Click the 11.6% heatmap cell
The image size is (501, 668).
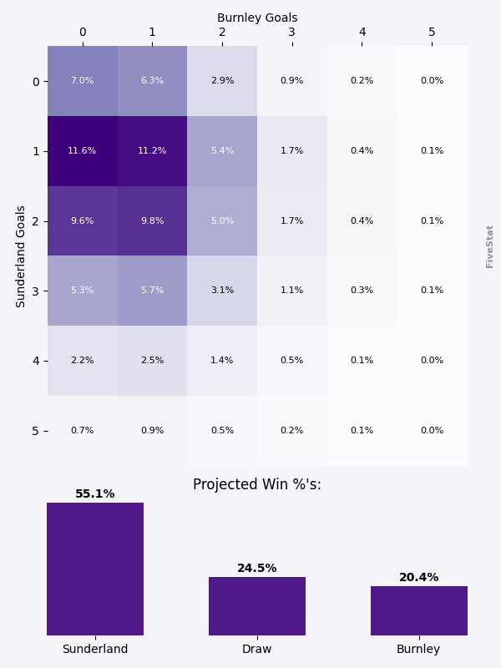(82, 151)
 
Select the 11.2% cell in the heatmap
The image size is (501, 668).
(152, 151)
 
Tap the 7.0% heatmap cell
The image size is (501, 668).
(82, 81)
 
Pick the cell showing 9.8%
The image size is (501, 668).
(152, 221)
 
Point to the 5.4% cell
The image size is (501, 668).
(222, 151)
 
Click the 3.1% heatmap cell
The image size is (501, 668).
(222, 291)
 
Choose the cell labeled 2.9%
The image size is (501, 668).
(222, 81)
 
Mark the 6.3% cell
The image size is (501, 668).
(152, 81)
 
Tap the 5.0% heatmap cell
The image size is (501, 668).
(222, 221)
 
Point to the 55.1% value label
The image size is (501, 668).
(95, 494)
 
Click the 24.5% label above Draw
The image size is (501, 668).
(257, 569)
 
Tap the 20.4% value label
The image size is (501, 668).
(419, 578)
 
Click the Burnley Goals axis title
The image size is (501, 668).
(257, 18)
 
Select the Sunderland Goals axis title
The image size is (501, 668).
(22, 256)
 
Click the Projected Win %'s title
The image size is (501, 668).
(257, 484)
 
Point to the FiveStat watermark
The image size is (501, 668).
(490, 245)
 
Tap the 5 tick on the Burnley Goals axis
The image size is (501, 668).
(432, 33)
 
